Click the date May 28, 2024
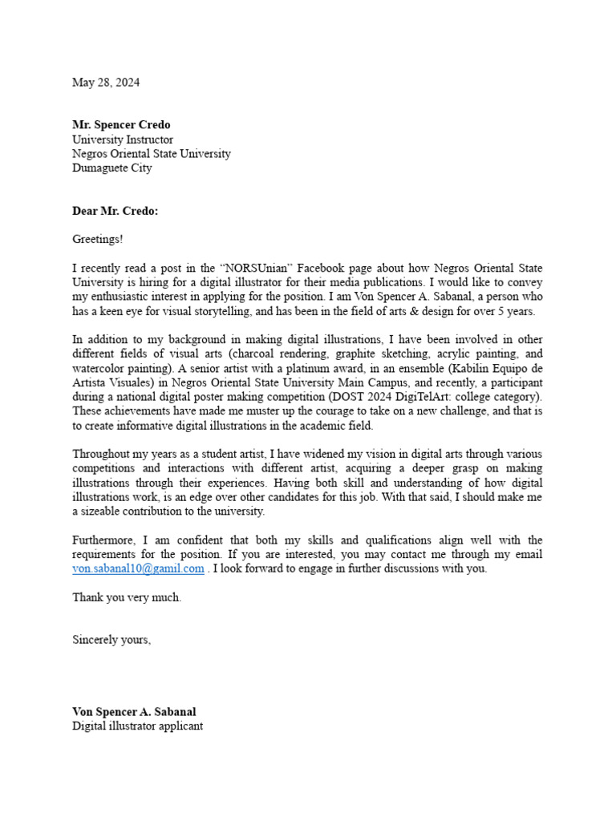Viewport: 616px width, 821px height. (x=106, y=83)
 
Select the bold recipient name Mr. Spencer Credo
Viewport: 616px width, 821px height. (x=121, y=125)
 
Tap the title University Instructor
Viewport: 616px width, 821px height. (x=122, y=140)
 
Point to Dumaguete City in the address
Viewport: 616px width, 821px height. (x=111, y=168)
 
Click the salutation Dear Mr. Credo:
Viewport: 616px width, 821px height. (x=115, y=211)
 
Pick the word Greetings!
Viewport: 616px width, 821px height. (x=98, y=239)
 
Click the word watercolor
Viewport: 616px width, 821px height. (x=98, y=369)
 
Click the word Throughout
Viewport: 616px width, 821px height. (x=102, y=454)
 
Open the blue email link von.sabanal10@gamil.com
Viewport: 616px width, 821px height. (x=138, y=569)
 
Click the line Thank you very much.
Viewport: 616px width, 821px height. (x=127, y=597)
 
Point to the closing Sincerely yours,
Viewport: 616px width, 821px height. (x=111, y=640)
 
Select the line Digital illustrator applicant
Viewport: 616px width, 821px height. (x=137, y=726)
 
